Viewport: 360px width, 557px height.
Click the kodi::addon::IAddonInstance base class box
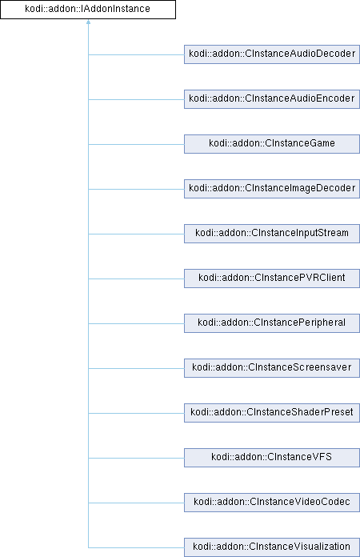tap(88, 10)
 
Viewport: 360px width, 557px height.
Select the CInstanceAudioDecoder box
tap(272, 54)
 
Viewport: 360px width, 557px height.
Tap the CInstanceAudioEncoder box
tap(272, 99)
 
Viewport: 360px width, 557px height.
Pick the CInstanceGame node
tap(272, 144)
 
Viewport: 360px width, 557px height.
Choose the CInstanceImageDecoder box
tap(272, 189)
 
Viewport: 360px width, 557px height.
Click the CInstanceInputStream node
tap(272, 234)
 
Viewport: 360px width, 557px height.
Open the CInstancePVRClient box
tap(272, 278)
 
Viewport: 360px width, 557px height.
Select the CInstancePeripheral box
tap(272, 323)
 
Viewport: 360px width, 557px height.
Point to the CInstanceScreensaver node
tap(272, 367)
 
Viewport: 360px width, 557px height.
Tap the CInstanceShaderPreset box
tap(272, 412)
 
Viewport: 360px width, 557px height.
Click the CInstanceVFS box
tap(272, 457)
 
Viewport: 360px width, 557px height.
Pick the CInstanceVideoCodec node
tap(272, 502)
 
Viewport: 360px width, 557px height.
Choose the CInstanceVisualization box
tap(272, 547)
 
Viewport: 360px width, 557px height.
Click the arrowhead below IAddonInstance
tap(89, 22)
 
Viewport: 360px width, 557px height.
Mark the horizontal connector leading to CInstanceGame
tap(136, 144)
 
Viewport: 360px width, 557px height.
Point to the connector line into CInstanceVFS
tap(136, 458)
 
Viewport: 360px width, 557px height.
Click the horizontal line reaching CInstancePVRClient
tap(136, 278)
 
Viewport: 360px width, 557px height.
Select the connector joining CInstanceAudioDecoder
tap(136, 54)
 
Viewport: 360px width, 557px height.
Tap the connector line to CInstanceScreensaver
tap(136, 368)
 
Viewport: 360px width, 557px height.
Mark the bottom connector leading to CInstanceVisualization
tap(136, 547)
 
